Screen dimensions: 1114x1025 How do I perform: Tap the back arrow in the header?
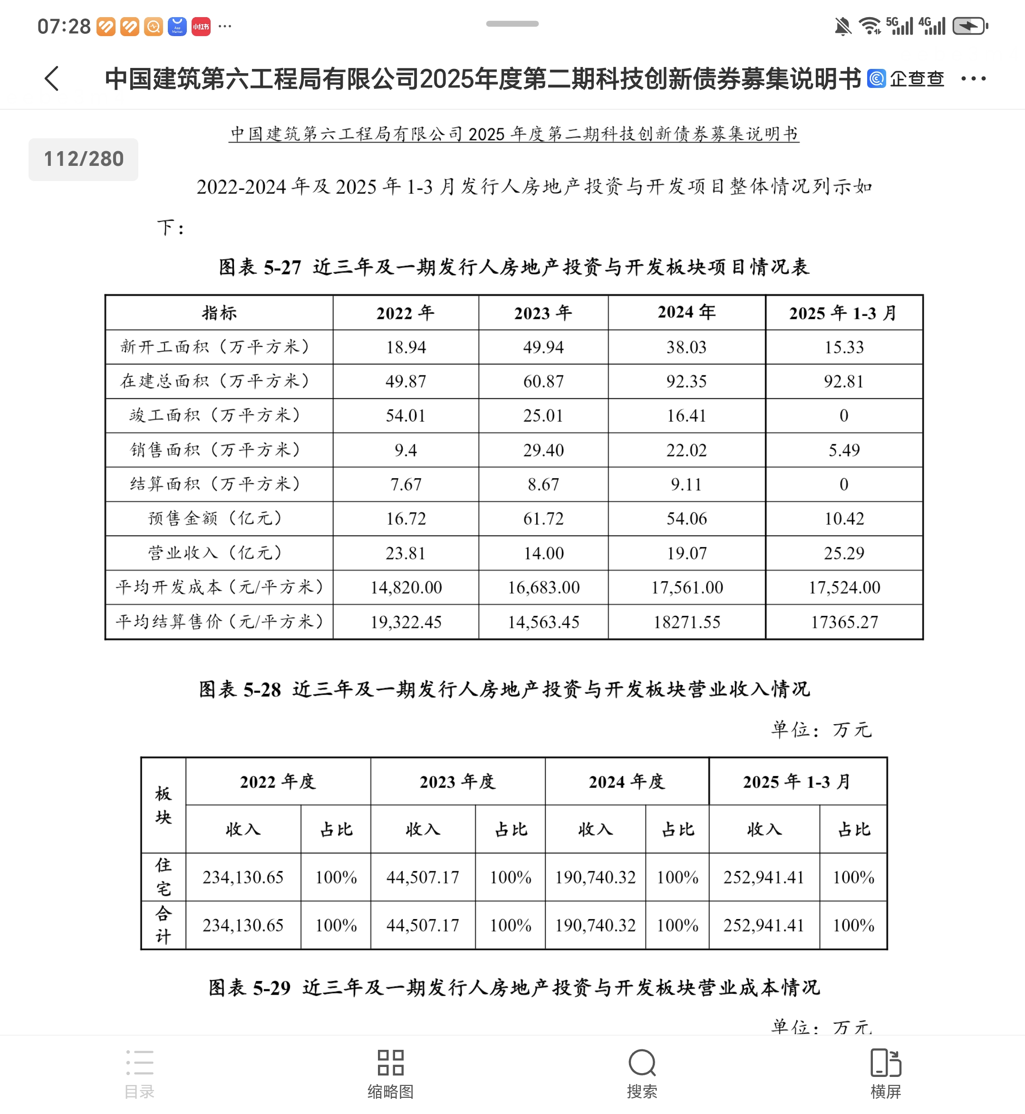pyautogui.click(x=51, y=78)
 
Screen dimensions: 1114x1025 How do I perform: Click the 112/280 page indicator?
pyautogui.click(x=83, y=159)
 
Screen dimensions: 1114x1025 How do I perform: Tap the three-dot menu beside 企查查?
pyautogui.click(x=974, y=79)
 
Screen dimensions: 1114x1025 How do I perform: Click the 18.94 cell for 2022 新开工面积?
pyautogui.click(x=406, y=347)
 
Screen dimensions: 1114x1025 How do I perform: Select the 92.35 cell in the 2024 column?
pyautogui.click(x=686, y=382)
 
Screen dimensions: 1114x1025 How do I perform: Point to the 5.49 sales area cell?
pyautogui.click(x=843, y=450)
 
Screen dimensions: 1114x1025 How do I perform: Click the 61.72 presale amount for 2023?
pyautogui.click(x=543, y=519)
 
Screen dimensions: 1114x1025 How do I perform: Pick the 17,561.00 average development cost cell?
pyautogui.click(x=687, y=587)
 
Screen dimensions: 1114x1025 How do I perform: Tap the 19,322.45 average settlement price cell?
pyautogui.click(x=406, y=622)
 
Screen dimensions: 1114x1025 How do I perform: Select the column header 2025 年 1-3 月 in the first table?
pyautogui.click(x=843, y=313)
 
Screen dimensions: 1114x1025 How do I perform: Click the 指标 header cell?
pyautogui.click(x=219, y=313)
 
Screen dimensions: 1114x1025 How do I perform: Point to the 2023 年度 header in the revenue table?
pyautogui.click(x=457, y=781)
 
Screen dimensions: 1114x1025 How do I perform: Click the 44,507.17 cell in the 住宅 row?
pyautogui.click(x=423, y=877)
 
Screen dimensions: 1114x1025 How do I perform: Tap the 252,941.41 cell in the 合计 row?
pyautogui.click(x=763, y=925)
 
